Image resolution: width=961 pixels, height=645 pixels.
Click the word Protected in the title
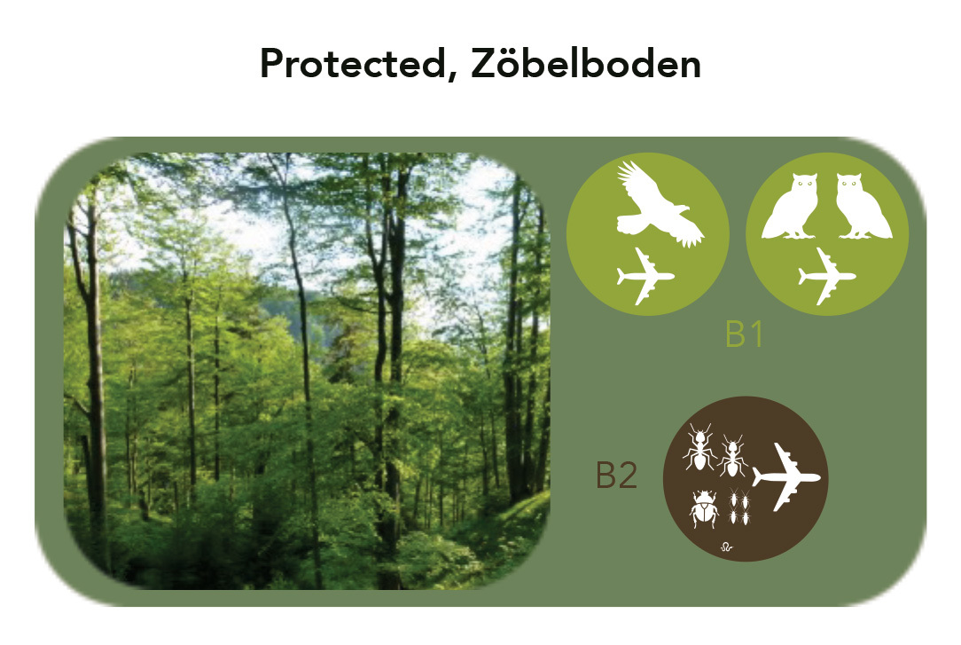point(353,64)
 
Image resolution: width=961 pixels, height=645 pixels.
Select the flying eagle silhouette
point(659,206)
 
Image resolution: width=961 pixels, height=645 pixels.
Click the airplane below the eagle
point(645,276)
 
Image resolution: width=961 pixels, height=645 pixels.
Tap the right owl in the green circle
point(863,206)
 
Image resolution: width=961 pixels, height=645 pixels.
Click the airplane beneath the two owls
point(826,276)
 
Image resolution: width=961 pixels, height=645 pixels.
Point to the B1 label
point(744,334)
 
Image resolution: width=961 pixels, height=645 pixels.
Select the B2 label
point(616,476)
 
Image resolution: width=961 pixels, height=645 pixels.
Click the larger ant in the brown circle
point(699,447)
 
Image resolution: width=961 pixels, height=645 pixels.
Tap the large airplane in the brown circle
point(785,476)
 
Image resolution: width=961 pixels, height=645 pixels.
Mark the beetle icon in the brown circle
point(704,508)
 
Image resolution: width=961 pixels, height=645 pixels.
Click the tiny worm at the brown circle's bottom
point(726,547)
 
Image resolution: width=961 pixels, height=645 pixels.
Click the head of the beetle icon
point(705,495)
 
